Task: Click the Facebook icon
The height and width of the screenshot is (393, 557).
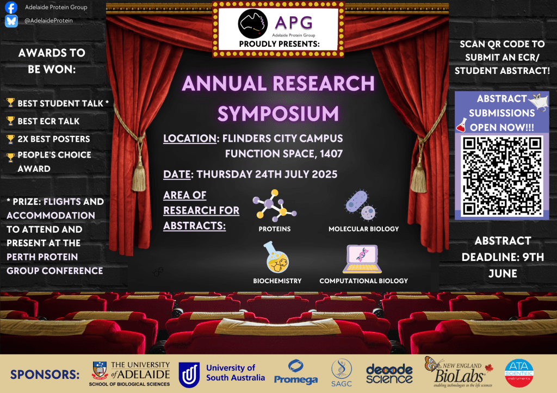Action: pos(11,8)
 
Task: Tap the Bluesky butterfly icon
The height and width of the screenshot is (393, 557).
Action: pos(11,21)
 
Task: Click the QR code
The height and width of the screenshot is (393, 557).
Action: pos(502,176)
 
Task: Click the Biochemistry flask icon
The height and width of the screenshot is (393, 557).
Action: pos(277,258)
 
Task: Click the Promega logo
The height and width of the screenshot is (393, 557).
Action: pos(296,372)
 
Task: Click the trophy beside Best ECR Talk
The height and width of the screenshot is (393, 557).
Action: pos(10,121)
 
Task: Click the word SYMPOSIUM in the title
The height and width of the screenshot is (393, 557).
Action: pos(278,113)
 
